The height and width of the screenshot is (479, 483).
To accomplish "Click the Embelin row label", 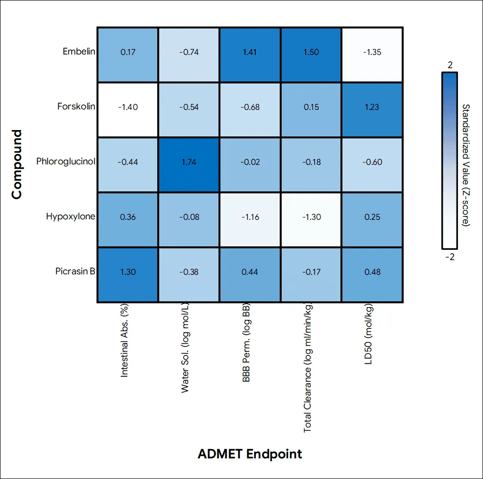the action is click(79, 51).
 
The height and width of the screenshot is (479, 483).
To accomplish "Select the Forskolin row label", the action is click(76, 106).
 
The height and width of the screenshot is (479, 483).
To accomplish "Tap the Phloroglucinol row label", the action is click(66, 161).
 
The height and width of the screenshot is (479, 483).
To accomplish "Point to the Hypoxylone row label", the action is click(71, 216).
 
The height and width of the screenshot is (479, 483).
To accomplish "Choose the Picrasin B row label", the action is click(75, 271).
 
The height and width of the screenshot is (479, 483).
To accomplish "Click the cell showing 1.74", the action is click(189, 165).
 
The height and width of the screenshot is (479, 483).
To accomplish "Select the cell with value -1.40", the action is click(127, 110).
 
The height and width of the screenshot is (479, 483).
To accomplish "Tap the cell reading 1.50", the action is click(311, 55).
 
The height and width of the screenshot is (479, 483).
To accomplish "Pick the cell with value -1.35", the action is click(372, 55).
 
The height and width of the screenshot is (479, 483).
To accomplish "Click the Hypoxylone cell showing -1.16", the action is click(250, 220).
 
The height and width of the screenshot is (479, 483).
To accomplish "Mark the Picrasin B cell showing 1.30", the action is click(127, 275).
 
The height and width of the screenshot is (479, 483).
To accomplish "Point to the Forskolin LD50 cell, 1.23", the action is click(372, 110).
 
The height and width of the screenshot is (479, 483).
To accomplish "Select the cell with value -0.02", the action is click(250, 165).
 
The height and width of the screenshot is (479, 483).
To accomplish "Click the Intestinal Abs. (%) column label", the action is click(124, 341).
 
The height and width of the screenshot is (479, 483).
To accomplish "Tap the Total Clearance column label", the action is click(308, 368).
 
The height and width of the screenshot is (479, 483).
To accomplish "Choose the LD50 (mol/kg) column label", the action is click(368, 334).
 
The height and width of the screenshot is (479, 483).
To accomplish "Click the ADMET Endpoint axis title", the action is click(250, 453).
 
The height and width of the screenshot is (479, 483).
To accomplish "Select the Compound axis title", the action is click(17, 164).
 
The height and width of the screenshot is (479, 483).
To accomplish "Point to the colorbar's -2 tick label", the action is click(450, 257).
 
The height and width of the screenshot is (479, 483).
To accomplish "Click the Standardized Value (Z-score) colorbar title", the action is click(466, 165).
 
